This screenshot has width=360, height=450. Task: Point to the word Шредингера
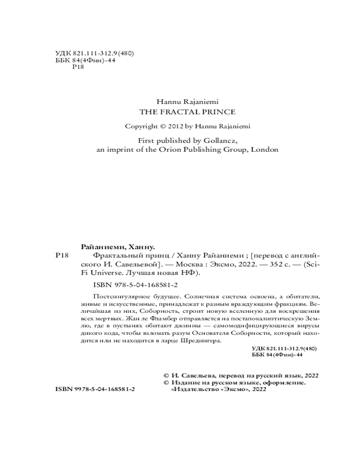(205, 341)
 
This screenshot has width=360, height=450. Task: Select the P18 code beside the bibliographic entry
(61, 256)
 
